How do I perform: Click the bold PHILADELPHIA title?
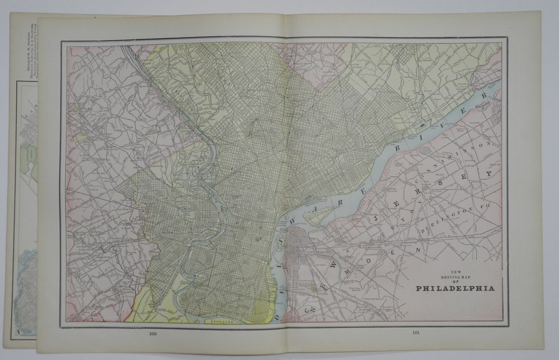[x=455, y=288]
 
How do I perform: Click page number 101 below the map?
[x=416, y=333]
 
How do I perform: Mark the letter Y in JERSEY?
[x=489, y=174]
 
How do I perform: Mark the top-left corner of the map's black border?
[x=61, y=41]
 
